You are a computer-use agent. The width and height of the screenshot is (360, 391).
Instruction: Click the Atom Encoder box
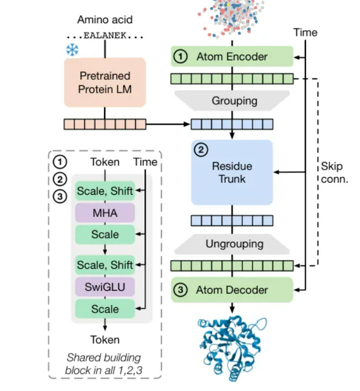pyautogui.click(x=231, y=57)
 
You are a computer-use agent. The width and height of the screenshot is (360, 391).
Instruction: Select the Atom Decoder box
pyautogui.click(x=231, y=290)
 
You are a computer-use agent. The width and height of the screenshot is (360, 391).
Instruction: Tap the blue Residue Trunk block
pyautogui.click(x=231, y=172)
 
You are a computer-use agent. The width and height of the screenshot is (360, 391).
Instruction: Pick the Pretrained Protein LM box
pyautogui.click(x=105, y=83)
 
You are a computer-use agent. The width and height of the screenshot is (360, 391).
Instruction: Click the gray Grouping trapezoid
pyautogui.click(x=234, y=101)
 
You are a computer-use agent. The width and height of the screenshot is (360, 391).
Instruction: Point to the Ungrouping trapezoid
pyautogui.click(x=234, y=244)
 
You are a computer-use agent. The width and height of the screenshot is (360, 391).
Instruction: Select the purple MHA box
pyautogui.click(x=105, y=213)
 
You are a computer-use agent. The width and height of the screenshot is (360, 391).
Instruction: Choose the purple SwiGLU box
pyautogui.click(x=105, y=287)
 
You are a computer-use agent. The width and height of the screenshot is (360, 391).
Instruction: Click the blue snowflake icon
pyautogui.click(x=72, y=50)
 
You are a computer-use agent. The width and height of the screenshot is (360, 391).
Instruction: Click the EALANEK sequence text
pyautogui.click(x=105, y=35)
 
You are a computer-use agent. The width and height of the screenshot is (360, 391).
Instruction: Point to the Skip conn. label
pyautogui.click(x=334, y=172)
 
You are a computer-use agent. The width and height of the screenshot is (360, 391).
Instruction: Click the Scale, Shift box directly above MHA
pyautogui.click(x=105, y=191)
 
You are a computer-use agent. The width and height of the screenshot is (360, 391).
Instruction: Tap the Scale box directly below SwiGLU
pyautogui.click(x=105, y=309)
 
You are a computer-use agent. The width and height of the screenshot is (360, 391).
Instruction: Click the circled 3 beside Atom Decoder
pyautogui.click(x=180, y=290)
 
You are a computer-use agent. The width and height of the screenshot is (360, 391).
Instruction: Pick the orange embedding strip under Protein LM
pyautogui.click(x=105, y=124)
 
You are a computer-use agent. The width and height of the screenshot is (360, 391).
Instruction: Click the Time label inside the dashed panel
pyautogui.click(x=145, y=162)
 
